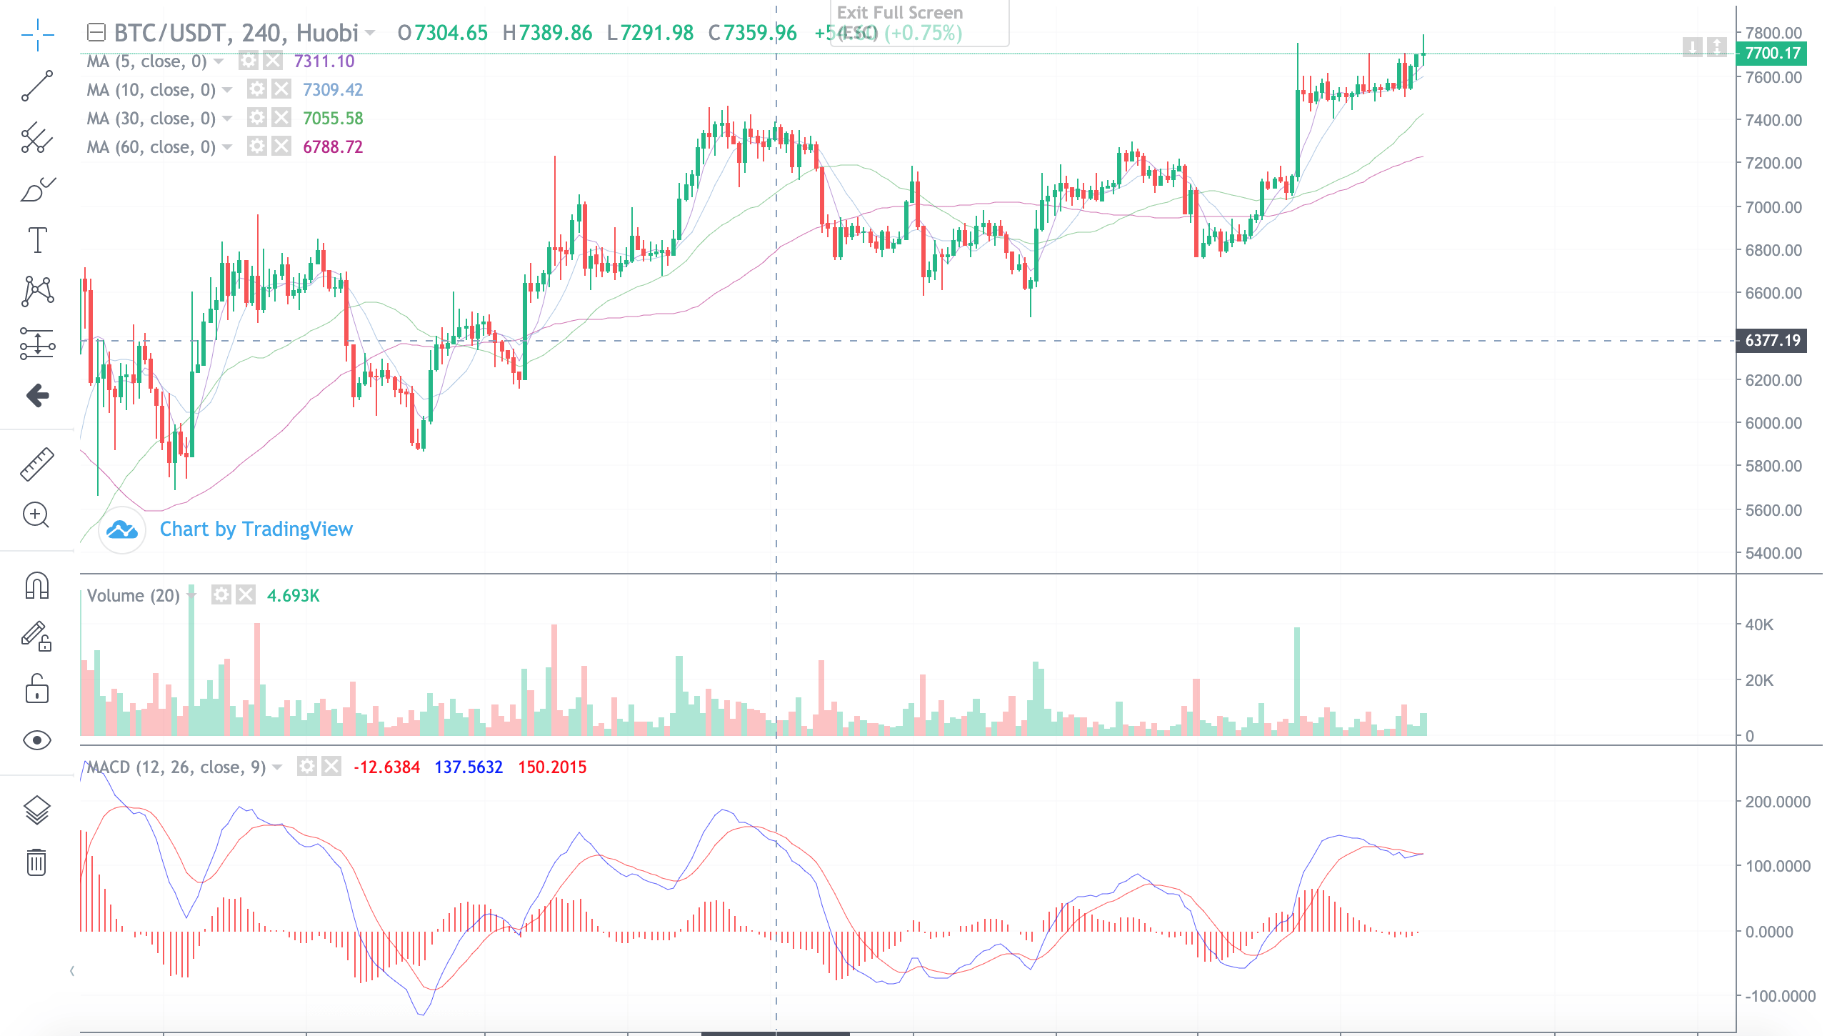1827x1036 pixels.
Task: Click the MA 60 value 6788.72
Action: point(333,147)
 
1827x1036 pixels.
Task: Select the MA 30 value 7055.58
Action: point(333,119)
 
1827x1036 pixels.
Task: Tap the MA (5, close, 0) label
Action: point(146,61)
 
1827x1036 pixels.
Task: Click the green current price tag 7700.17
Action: point(1772,53)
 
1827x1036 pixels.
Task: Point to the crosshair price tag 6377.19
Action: point(1772,340)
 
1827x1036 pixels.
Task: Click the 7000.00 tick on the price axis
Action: point(1773,207)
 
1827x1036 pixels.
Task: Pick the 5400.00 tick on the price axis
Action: point(1773,553)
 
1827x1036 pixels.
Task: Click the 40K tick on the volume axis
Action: point(1758,624)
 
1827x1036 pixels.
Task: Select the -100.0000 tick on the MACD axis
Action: point(1779,996)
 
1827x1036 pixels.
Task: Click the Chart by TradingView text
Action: point(256,529)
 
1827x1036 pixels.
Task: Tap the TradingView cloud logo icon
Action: point(122,529)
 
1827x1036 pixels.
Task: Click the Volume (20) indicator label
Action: point(133,595)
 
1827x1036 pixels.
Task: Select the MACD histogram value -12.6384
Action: point(386,767)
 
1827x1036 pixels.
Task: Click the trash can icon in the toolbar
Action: point(36,862)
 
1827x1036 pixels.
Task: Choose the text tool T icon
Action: point(37,240)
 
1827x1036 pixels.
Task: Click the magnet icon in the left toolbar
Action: point(36,585)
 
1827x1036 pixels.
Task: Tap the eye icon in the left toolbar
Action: point(36,740)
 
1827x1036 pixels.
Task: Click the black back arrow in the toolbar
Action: point(37,395)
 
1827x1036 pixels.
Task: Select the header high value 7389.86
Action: point(555,33)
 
